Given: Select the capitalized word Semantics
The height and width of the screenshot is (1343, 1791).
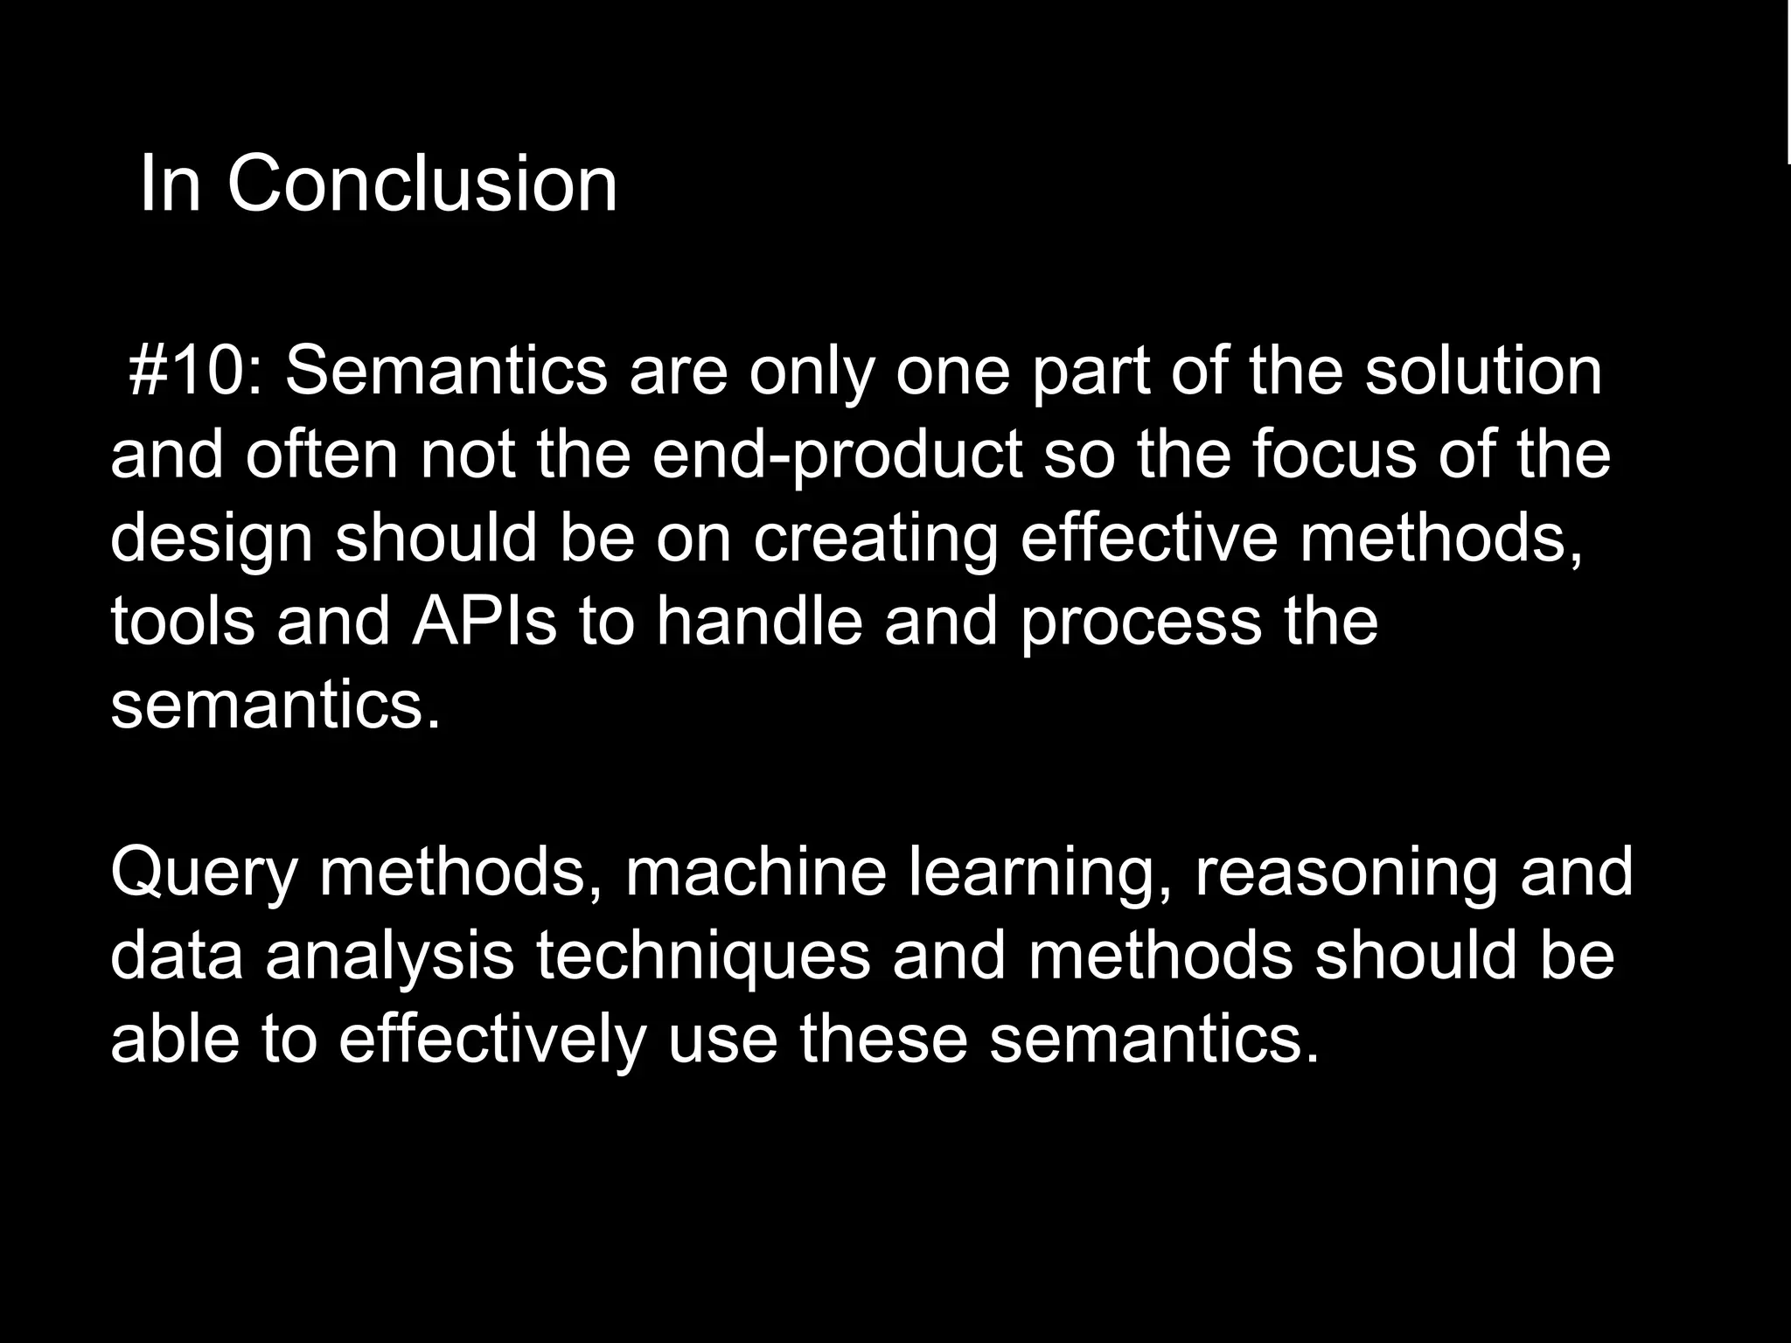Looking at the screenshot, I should coord(446,371).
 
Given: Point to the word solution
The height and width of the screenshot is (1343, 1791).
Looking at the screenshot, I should coord(1484,371).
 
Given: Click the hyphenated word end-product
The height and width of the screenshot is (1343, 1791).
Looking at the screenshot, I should coord(837,456).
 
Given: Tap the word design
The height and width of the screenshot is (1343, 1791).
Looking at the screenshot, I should coord(211,540).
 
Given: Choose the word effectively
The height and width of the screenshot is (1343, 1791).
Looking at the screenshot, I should coord(492,1040).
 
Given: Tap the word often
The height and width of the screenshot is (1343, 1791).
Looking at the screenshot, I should coord(322,455).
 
